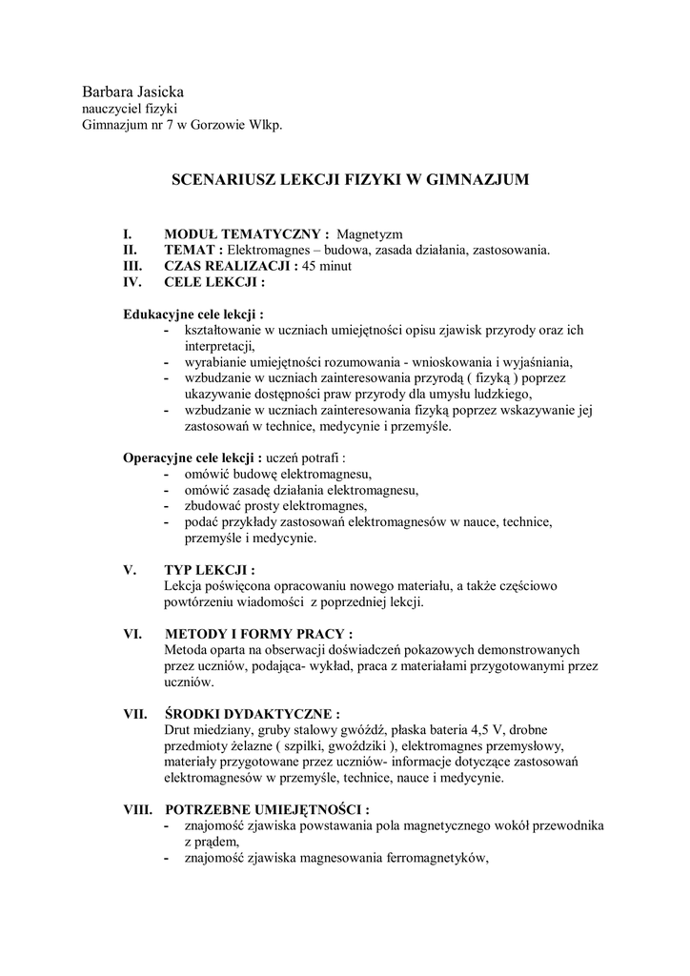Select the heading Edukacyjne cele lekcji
pos(193,314)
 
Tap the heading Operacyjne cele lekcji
pos(193,457)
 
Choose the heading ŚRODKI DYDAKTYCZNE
pos(253,713)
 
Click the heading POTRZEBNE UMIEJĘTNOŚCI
pos(267,809)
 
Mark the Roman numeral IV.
pos(132,282)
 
